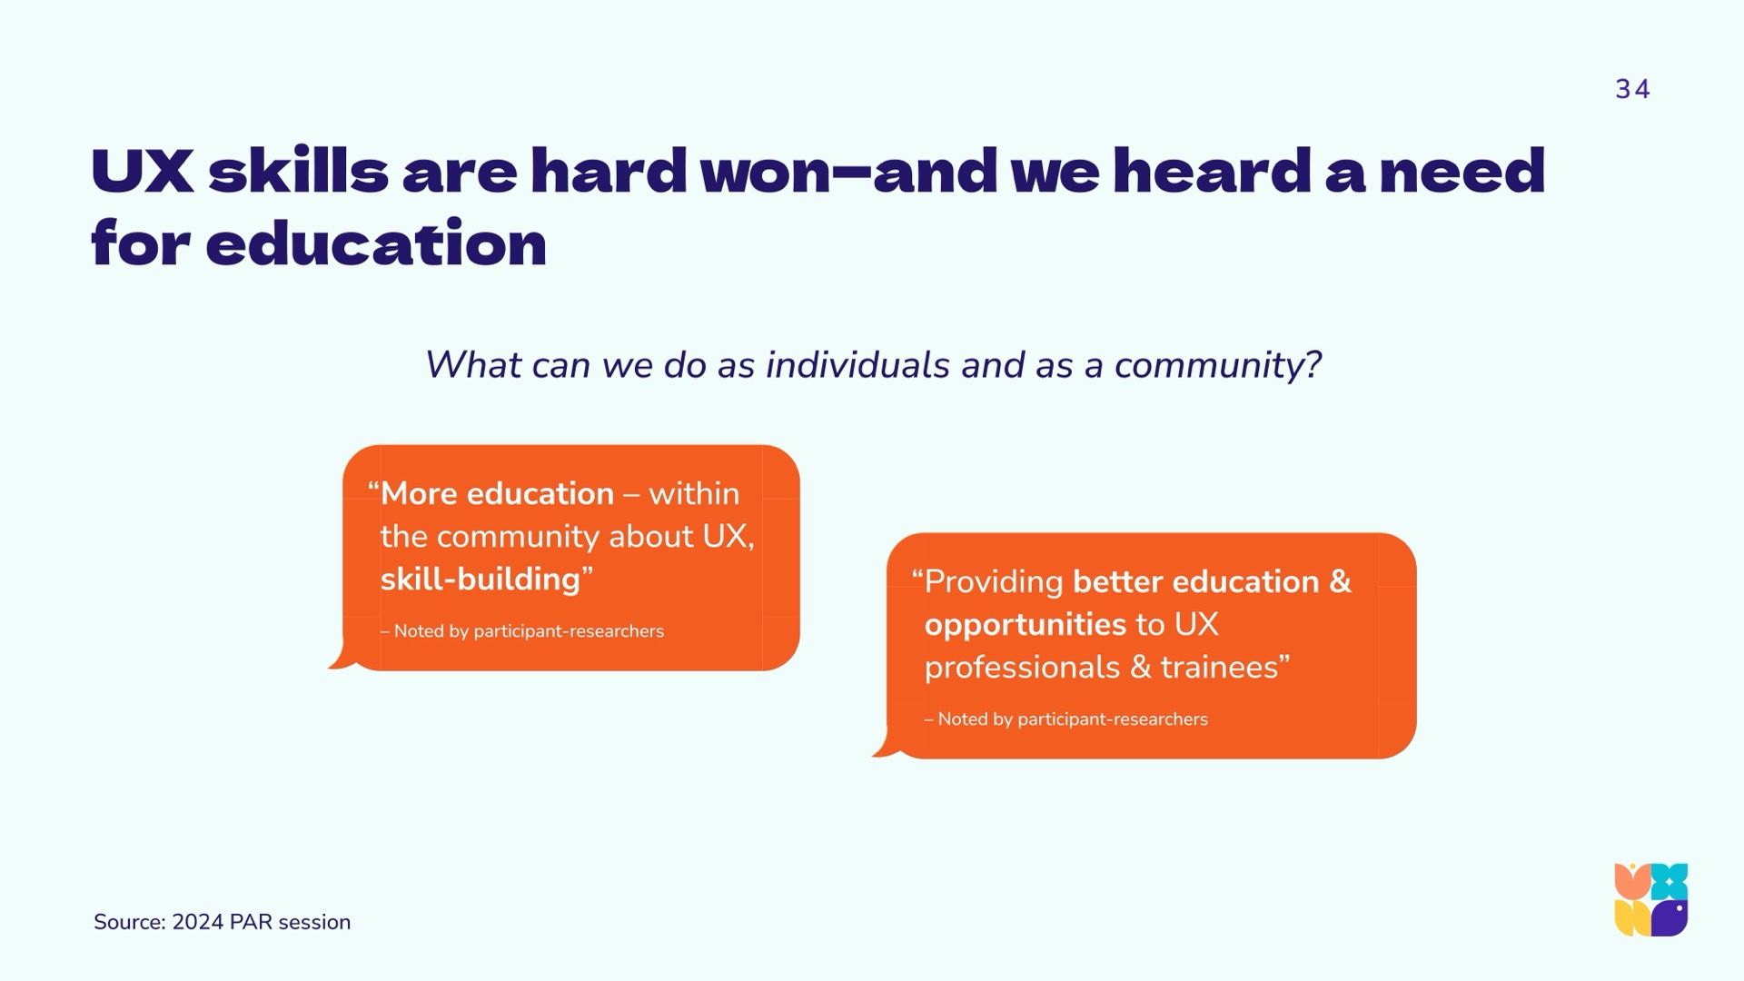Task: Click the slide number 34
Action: pos(1632,89)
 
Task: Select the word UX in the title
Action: pos(143,172)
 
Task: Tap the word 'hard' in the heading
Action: pos(609,171)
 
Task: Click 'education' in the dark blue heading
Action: pos(376,243)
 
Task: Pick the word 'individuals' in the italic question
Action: pos(858,365)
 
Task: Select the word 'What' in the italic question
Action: pos(473,365)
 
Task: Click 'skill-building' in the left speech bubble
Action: pos(481,580)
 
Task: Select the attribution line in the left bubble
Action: pos(522,631)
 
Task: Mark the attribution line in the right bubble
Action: pos(1066,719)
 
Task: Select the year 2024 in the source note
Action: pos(197,922)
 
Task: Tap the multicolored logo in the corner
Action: pos(1651,899)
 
